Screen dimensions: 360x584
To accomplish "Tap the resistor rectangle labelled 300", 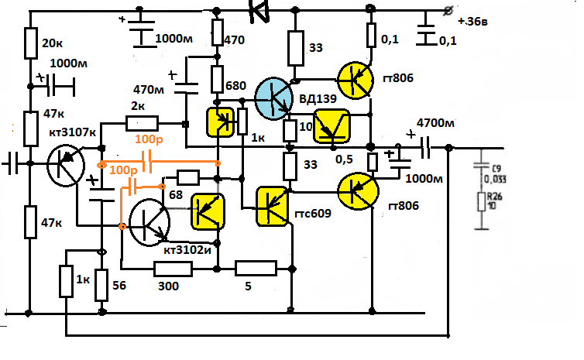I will pos(173,269).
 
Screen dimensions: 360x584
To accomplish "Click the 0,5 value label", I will pos(345,159).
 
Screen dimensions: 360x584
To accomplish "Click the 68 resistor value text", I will pos(177,195).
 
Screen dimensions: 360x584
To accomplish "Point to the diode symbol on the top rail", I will pos(258,10).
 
